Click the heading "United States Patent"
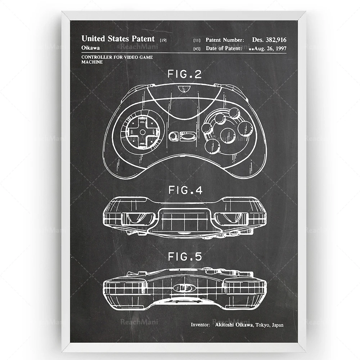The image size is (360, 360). tap(118, 39)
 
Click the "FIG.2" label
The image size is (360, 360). tap(185, 75)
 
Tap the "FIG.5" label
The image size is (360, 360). tap(185, 257)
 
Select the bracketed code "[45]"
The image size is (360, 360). tap(197, 49)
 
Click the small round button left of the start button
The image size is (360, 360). tap(173, 137)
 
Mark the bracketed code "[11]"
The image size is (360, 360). tap(197, 40)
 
